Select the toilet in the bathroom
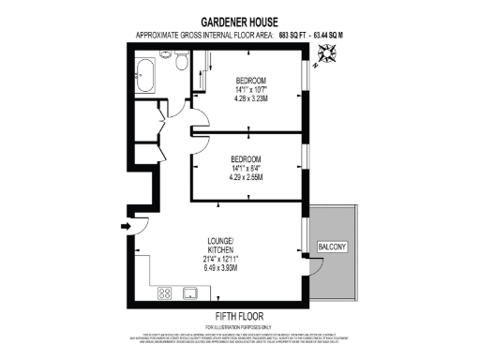tap(179, 62)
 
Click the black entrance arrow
tap(126, 226)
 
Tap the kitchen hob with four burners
tap(164, 292)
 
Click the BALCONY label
tap(332, 247)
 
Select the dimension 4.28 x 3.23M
tap(251, 97)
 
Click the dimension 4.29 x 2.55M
tap(246, 176)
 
